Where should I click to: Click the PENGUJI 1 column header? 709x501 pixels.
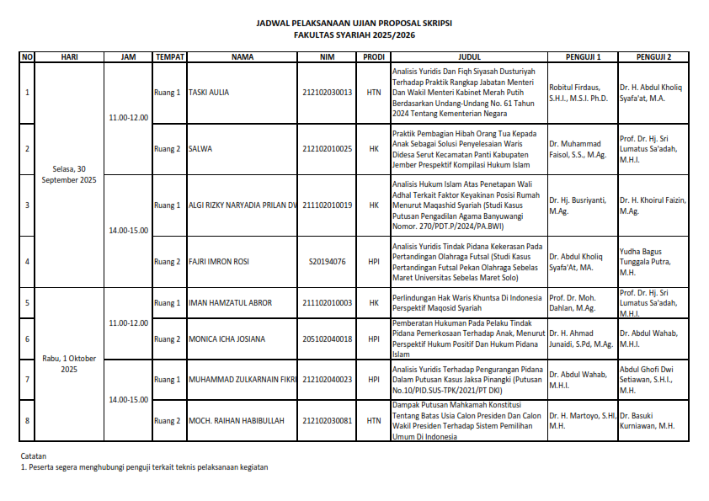coord(583,57)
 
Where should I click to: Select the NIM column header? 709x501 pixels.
coord(327,57)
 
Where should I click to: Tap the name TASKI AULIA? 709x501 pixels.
coord(209,93)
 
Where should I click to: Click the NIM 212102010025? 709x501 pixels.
coord(327,149)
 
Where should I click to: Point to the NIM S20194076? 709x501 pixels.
coord(327,262)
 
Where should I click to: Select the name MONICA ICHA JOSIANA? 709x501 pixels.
coord(227,339)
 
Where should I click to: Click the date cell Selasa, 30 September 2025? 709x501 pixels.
coord(69,174)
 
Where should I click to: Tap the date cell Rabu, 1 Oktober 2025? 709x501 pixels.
coord(69,364)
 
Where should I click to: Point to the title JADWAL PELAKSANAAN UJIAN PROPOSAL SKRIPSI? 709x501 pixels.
coord(354,24)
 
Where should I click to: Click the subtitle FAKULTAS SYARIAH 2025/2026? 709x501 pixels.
coord(354,36)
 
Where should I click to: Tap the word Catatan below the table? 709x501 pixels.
coord(34,456)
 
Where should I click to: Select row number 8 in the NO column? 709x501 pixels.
coord(27,421)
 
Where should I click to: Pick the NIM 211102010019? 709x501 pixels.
coord(327,205)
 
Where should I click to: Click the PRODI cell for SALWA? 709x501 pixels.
coord(374,149)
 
